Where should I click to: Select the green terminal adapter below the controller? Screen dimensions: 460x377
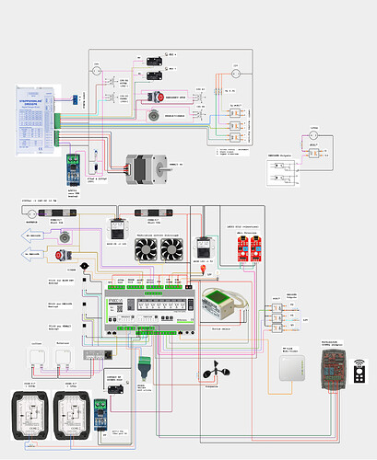coord(143,362)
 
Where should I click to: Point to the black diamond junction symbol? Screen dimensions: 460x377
coord(84,266)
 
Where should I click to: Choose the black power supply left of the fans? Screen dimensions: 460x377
coord(118,230)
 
